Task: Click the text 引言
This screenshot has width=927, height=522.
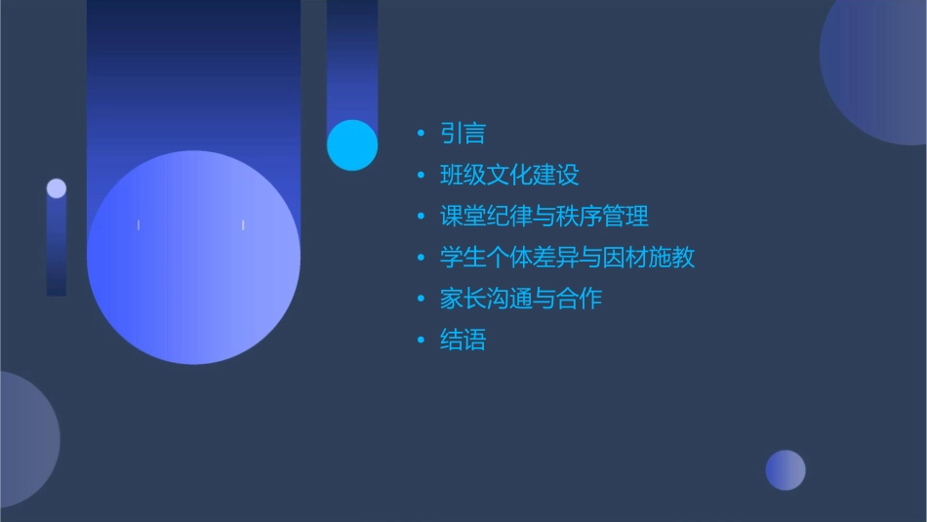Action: pos(463,134)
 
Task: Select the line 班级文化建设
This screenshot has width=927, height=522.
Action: pos(509,175)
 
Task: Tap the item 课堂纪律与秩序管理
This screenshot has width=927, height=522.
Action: pos(544,216)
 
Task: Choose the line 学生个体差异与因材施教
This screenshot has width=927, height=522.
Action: pos(567,258)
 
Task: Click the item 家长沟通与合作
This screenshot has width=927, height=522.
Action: pos(520,299)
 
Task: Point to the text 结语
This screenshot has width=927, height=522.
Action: pos(463,341)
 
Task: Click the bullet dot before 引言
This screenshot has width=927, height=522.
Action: pos(421,134)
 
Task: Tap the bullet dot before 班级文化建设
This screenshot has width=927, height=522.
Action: pos(421,176)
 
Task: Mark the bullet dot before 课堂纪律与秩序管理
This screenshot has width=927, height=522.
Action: pos(421,217)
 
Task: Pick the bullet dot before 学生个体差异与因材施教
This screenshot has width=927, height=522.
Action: pos(421,259)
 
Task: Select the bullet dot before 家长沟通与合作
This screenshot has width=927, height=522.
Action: pos(421,300)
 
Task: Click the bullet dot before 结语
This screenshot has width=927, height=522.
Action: pos(421,341)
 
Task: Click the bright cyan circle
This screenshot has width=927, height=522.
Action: pos(352,144)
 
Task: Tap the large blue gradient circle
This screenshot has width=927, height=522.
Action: pos(193,258)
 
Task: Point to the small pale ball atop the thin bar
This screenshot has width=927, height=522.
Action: pos(57,188)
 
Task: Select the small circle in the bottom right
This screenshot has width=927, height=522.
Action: pos(786,470)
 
